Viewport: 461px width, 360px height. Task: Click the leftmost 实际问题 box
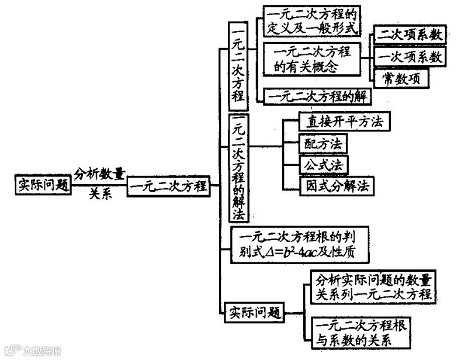click(43, 185)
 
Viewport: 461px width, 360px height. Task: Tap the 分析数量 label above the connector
click(99, 174)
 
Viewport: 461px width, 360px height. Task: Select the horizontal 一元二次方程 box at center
click(168, 186)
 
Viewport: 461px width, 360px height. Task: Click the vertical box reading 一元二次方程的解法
click(238, 168)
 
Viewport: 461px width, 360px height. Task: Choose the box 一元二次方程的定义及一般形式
click(311, 21)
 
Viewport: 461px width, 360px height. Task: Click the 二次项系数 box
click(409, 34)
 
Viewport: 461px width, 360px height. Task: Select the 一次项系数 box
click(409, 57)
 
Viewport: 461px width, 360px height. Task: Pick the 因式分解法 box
click(336, 186)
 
